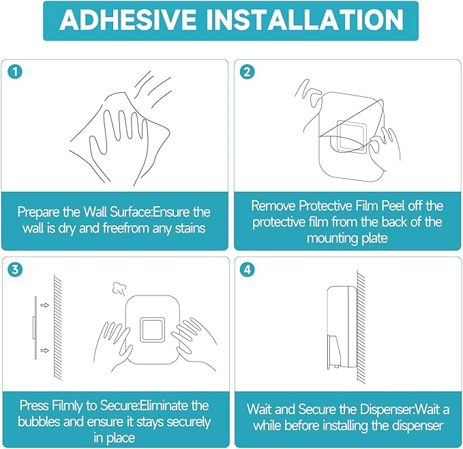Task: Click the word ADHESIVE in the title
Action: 128,20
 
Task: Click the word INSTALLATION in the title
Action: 305,20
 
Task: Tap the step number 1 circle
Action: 15,72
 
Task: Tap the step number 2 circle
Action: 248,72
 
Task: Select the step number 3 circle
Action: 15,270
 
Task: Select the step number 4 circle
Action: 248,270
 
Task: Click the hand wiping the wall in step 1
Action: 118,145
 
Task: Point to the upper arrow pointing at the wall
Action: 44,305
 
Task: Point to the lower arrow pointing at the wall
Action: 44,351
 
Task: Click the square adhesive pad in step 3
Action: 152,330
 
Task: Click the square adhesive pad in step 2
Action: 351,136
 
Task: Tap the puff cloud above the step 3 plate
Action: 119,289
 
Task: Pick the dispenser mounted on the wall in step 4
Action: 342,328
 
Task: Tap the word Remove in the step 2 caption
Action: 273,206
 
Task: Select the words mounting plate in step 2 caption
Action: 347,238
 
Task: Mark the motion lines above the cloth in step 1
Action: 153,89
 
